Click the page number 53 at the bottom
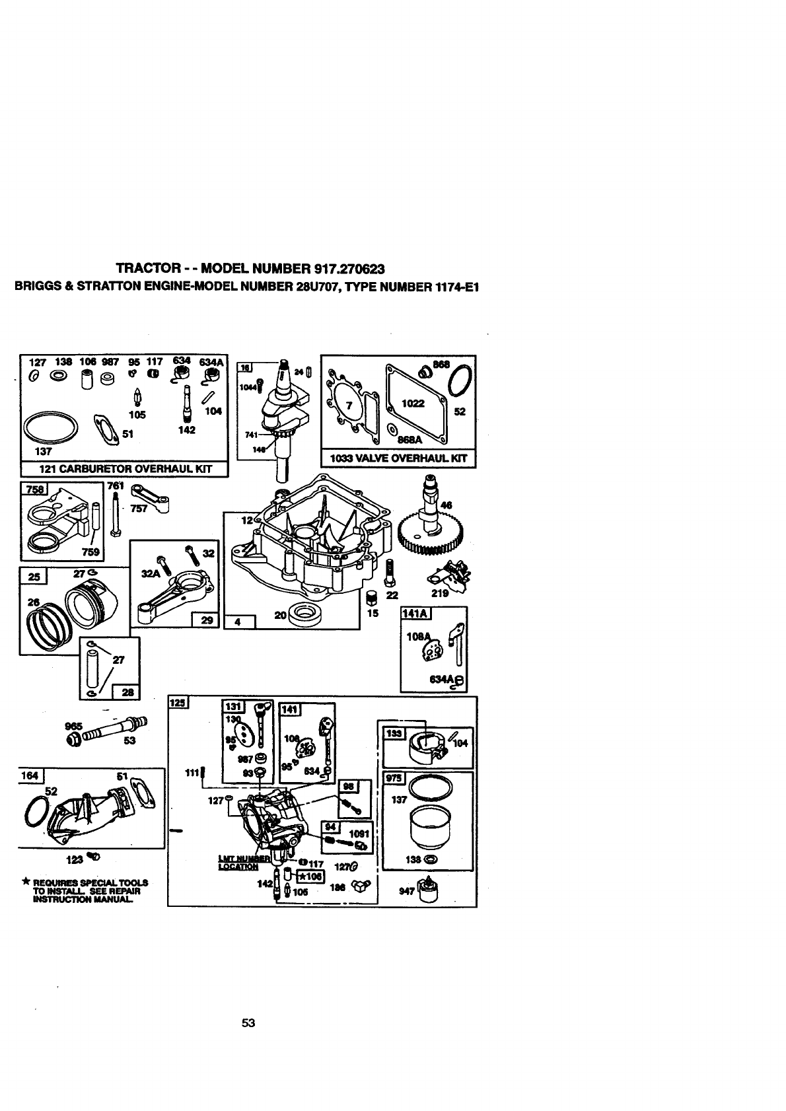248,1023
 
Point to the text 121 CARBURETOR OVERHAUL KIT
124,469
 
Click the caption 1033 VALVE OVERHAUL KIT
398,458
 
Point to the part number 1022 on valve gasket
413,403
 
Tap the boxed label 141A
415,614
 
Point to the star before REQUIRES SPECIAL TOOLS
25,882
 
